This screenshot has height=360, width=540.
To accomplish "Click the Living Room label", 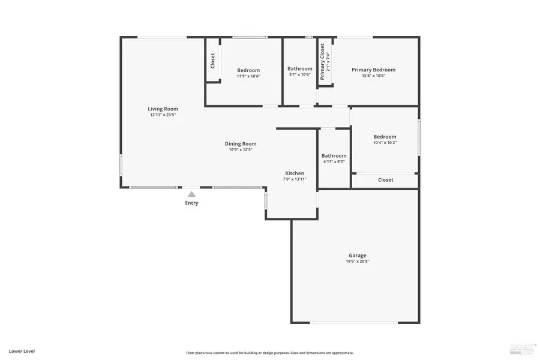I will (163, 109).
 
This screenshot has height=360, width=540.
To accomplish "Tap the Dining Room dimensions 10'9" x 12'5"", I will (241, 150).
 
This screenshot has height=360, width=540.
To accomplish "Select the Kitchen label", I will (295, 173).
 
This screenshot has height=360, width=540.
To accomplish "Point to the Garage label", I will (358, 255).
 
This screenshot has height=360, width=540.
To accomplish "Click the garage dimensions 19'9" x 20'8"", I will (358, 262).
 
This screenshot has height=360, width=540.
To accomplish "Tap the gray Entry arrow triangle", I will (191, 194).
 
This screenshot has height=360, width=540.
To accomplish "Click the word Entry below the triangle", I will (191, 203).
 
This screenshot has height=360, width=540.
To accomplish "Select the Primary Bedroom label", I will (373, 70).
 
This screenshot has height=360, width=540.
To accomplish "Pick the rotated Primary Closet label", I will (322, 62).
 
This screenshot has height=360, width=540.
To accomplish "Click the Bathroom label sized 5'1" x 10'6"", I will (299, 68).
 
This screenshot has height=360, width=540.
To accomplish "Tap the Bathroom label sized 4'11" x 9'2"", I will (334, 155).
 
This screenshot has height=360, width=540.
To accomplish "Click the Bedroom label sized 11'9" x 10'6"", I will (248, 70).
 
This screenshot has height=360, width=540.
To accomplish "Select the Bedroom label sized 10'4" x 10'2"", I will (385, 137).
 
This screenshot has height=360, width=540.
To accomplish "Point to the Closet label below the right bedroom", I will (385, 180).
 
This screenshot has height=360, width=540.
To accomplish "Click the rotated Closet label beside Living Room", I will (212, 61).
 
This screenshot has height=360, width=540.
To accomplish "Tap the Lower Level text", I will (22, 350).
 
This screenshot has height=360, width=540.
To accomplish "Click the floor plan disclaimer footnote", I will (269, 353).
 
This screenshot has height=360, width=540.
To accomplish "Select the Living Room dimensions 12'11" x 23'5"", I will (163, 115).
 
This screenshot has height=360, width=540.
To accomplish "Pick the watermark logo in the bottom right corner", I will (520, 349).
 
